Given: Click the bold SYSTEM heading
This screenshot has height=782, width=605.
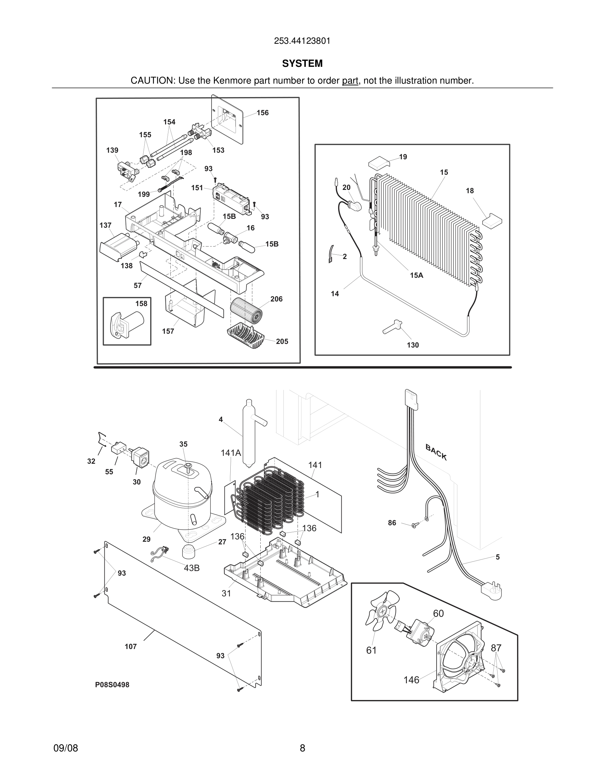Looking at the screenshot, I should coord(302,64).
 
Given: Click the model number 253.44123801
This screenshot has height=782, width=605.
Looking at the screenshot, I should coord(302,41).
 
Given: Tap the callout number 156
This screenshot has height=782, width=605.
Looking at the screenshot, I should coord(262,113).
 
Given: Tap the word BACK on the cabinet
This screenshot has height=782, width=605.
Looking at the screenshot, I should coord(436,452).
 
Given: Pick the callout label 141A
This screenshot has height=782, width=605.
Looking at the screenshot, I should coord(231,453).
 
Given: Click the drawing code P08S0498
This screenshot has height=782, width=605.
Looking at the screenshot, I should coord(112,685).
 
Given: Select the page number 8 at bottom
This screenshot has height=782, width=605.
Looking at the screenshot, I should coord(302,748).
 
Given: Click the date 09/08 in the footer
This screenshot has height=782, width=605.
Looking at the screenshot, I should coord(66,748).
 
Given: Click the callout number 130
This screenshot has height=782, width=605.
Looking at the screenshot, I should coord(413,345).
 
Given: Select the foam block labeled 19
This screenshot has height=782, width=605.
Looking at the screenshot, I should coord(379,163).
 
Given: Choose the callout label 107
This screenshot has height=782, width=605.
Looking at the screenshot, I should coord(130,646).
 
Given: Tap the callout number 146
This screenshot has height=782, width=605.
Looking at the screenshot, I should coord(411,680).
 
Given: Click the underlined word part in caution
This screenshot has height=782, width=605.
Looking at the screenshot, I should coord(350,81).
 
